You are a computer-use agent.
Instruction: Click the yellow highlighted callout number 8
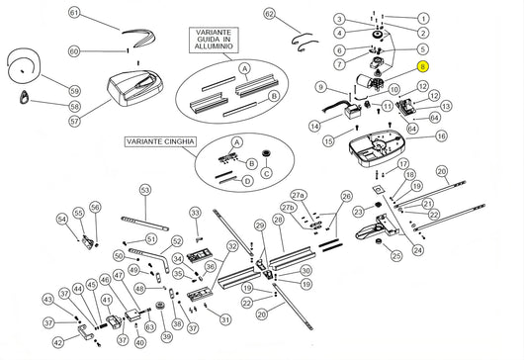tap(423, 67)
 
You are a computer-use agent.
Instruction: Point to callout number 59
tap(74, 89)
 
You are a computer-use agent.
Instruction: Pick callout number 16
tap(440, 135)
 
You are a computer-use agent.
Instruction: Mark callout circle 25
tap(395, 256)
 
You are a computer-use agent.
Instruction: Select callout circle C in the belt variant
tap(265, 173)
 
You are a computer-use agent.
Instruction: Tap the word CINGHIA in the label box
tap(174, 141)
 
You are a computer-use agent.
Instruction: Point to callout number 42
tap(57, 342)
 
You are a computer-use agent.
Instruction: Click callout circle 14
tap(314, 126)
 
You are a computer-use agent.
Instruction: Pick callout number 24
tap(417, 250)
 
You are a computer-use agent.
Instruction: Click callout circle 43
tap(46, 298)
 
